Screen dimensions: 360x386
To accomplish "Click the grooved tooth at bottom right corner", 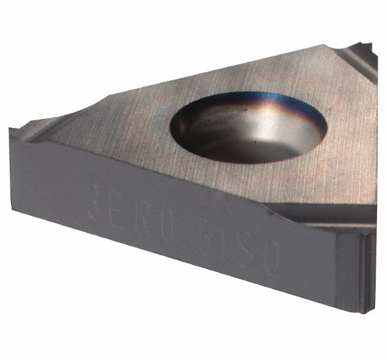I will pyautogui.click(x=367, y=270).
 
